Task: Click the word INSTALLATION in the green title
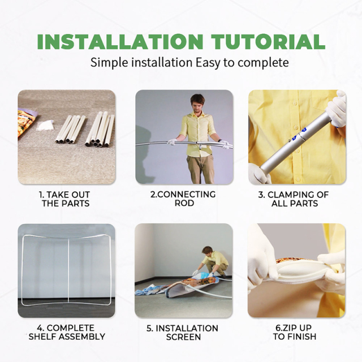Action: click(x=120, y=42)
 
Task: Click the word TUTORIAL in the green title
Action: click(x=269, y=42)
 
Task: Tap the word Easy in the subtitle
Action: click(x=208, y=63)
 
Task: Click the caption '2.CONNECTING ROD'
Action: click(x=183, y=199)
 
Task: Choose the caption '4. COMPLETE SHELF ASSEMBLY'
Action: click(x=67, y=332)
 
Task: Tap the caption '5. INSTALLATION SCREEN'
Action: click(x=182, y=333)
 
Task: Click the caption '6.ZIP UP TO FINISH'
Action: click(x=294, y=332)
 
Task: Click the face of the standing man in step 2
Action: click(x=197, y=105)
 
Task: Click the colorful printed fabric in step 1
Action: click(x=26, y=123)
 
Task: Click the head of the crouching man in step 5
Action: click(x=207, y=251)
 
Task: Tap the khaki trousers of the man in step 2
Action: click(x=200, y=169)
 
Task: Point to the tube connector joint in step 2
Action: click(x=200, y=145)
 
